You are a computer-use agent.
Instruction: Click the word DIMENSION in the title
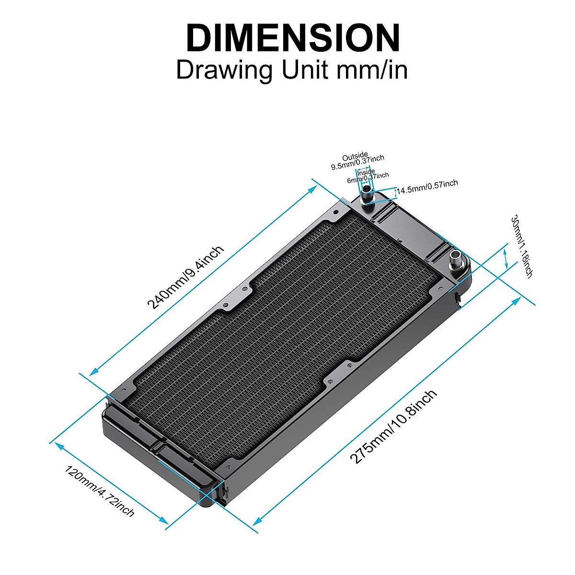coord(292,38)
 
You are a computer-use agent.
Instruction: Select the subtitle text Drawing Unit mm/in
coord(292,70)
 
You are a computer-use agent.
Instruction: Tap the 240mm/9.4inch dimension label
coord(185,278)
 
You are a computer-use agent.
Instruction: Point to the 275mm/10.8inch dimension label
coord(393,426)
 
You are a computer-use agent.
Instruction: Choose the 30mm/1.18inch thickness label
coord(522,246)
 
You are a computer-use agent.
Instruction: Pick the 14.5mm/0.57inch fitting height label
coord(427,187)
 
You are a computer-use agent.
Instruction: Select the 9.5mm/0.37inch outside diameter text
coord(357,163)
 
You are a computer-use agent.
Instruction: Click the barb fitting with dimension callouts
coord(367,194)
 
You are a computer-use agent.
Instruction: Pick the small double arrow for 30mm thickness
coord(506,258)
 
